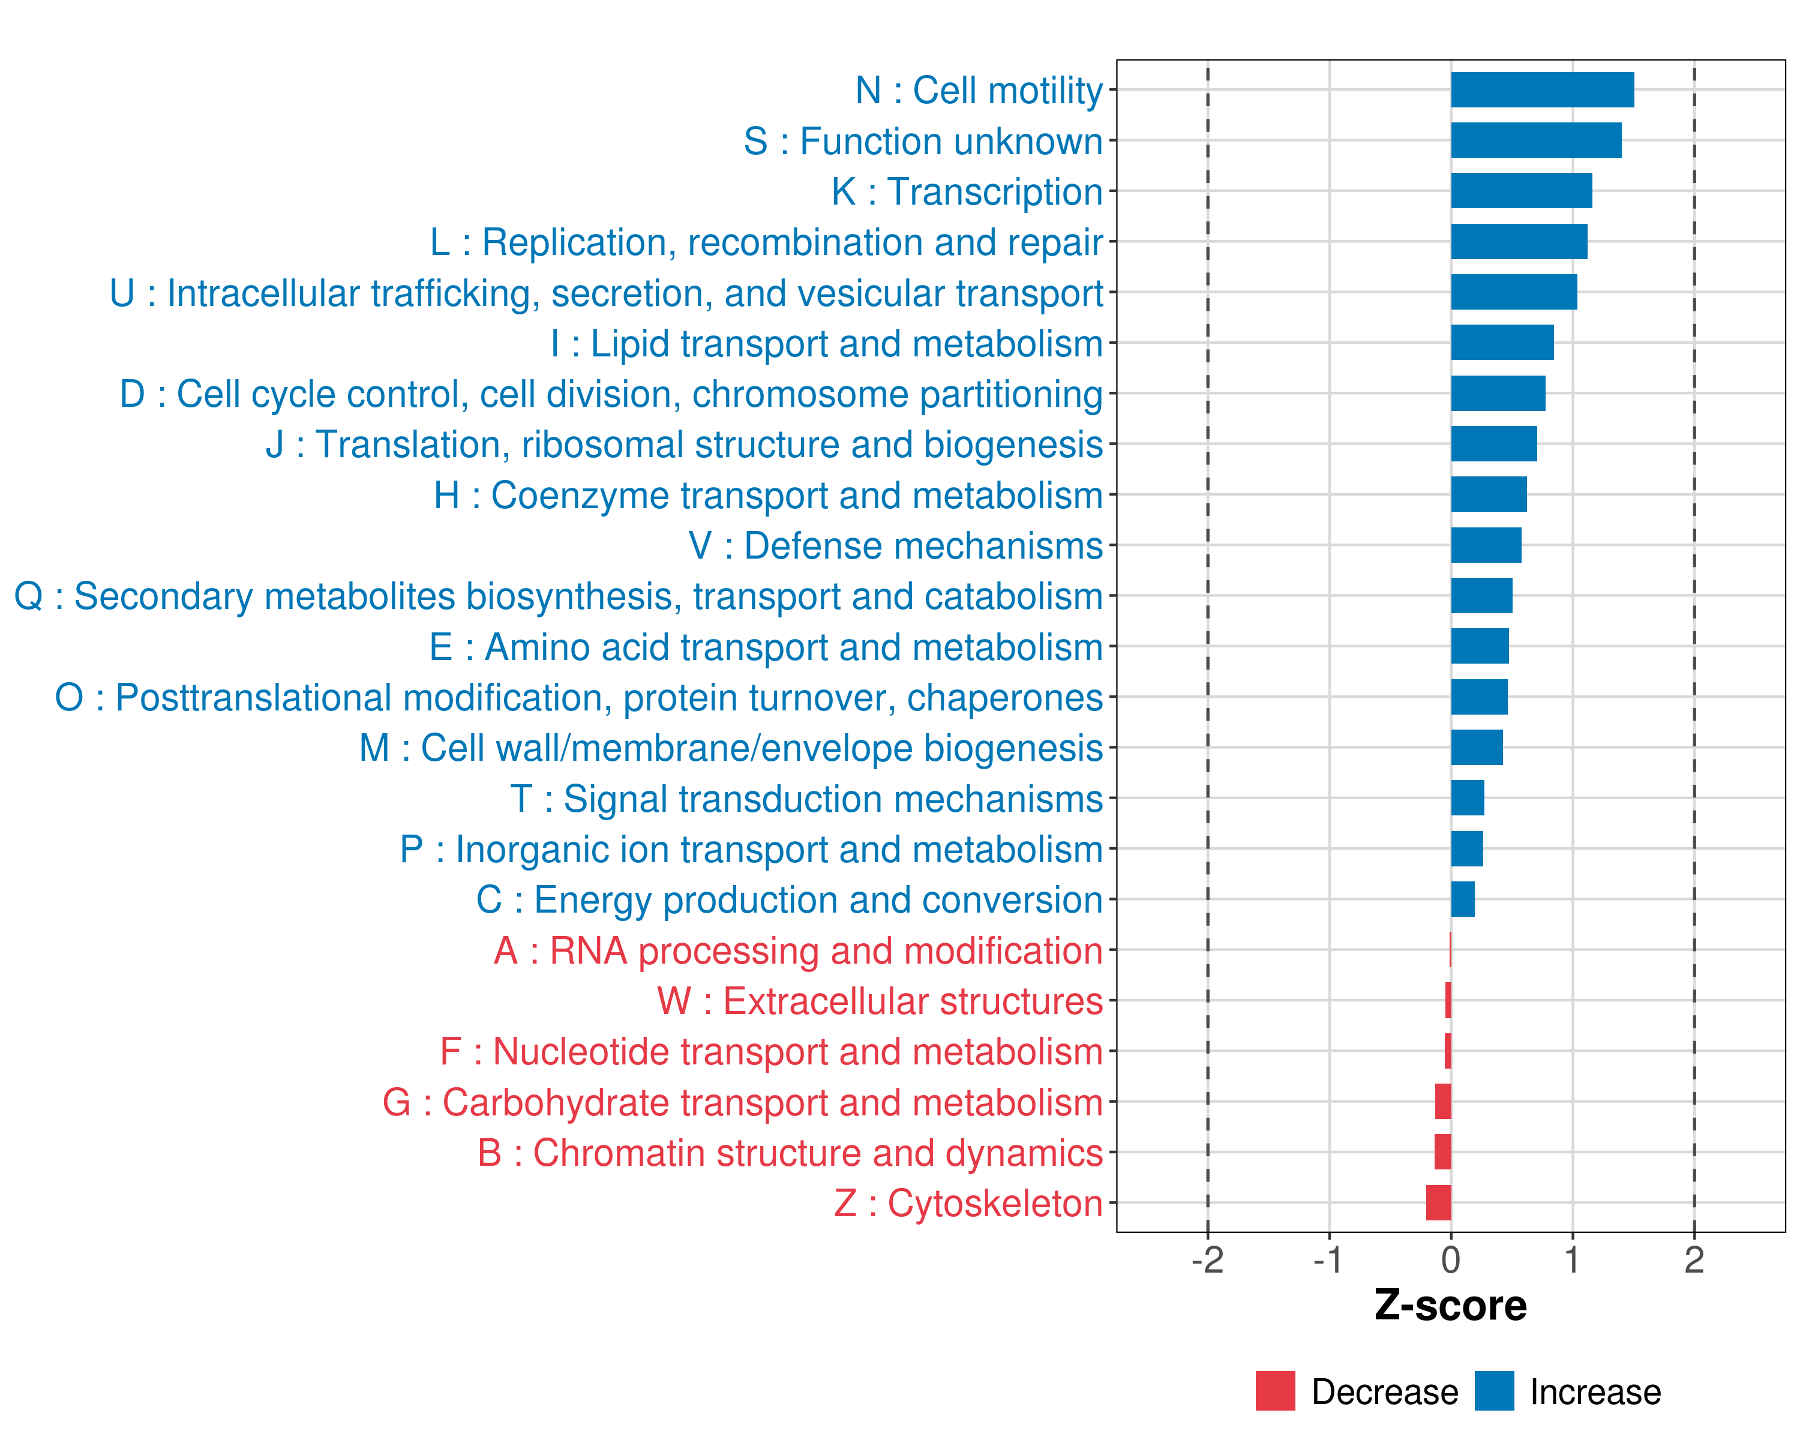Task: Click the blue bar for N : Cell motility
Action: pos(1542,90)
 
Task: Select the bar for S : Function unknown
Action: pos(1536,140)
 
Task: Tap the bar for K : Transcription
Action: pos(1521,191)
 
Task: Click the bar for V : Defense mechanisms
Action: pos(1486,545)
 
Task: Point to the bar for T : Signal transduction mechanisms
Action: pos(1468,798)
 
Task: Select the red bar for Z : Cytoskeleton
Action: pos(1438,1203)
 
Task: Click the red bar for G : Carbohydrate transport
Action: pos(1442,1102)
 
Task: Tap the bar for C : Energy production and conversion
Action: pos(1463,899)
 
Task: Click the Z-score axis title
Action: pos(1450,1306)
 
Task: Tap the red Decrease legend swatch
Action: pos(1275,1391)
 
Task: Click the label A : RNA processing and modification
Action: pos(798,951)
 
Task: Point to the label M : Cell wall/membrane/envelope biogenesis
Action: pos(731,749)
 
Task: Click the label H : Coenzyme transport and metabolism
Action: pos(768,496)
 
